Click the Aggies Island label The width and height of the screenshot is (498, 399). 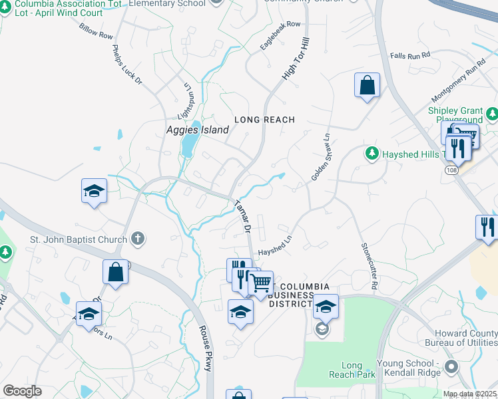tap(196, 131)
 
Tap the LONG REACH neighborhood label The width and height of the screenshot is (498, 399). tap(264, 120)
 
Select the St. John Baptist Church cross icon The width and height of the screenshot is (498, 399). tap(138, 237)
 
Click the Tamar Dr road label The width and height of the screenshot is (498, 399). tap(242, 216)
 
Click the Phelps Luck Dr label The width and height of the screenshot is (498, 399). tap(126, 65)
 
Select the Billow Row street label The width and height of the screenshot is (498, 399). tap(97, 33)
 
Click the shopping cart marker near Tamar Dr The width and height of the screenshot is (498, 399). tap(260, 283)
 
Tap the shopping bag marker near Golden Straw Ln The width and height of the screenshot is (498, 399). tap(367, 85)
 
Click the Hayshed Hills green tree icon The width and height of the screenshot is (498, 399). tap(372, 154)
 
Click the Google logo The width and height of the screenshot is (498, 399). tap(23, 391)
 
